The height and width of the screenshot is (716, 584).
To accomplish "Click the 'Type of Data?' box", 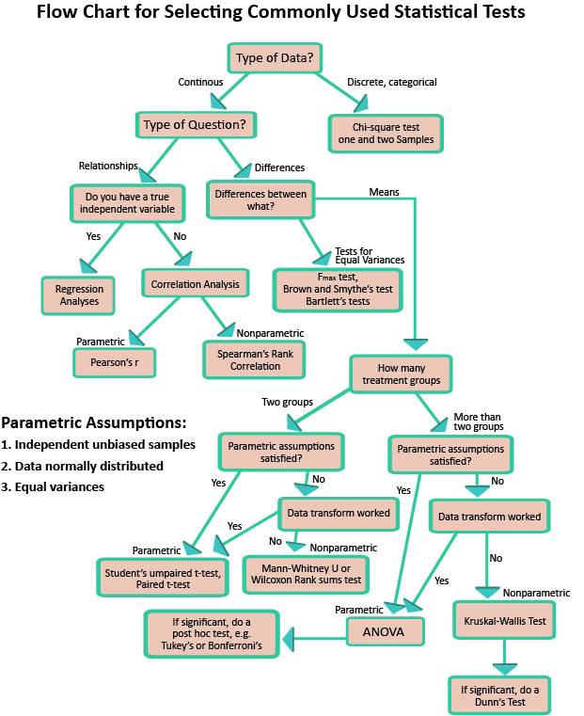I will pyautogui.click(x=274, y=57).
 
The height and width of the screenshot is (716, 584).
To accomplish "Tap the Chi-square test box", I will pyautogui.click(x=384, y=134).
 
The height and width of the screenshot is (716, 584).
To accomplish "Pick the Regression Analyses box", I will pyautogui.click(x=78, y=295).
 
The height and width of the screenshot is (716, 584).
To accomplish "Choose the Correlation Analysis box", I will pyautogui.click(x=196, y=283).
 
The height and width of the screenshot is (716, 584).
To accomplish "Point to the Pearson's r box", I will pyautogui.click(x=114, y=360).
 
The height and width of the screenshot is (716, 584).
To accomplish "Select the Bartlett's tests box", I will pyautogui.click(x=337, y=290).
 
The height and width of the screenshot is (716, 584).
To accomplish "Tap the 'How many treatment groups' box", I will pyautogui.click(x=401, y=374).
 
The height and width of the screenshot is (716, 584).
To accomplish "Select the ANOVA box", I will pyautogui.click(x=383, y=632).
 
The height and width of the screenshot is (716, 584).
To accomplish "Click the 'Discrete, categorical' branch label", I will pyautogui.click(x=392, y=83).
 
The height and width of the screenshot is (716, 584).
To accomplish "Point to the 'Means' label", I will pyautogui.click(x=384, y=192).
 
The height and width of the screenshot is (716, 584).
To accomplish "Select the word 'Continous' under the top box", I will pyautogui.click(x=200, y=83).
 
